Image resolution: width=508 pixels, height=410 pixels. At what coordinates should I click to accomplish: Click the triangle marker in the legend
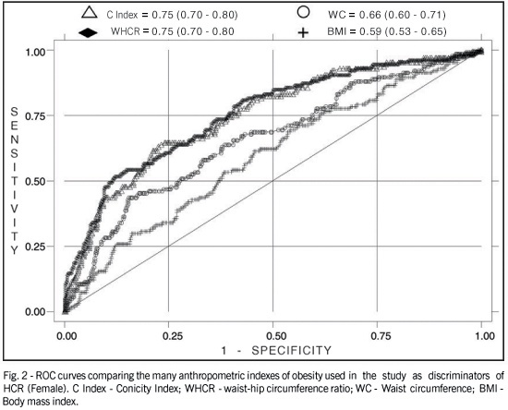click(x=90, y=12)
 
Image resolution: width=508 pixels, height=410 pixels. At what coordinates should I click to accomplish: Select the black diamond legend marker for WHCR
click(x=88, y=32)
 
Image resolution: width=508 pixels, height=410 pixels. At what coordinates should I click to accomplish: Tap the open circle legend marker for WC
click(x=303, y=12)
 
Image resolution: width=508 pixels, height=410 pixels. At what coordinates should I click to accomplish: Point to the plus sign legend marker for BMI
click(x=303, y=32)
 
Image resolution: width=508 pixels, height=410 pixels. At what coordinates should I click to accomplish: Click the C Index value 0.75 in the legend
click(x=163, y=15)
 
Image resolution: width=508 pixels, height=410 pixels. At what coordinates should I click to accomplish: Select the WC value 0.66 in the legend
click(x=370, y=15)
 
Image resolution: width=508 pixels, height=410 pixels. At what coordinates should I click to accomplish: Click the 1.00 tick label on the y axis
click(x=36, y=51)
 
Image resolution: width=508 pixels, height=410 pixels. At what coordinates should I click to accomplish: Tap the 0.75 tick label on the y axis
click(x=36, y=116)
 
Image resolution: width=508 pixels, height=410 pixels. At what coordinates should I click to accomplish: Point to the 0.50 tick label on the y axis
click(x=36, y=181)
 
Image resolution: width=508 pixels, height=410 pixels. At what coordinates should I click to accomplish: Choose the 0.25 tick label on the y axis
click(x=36, y=247)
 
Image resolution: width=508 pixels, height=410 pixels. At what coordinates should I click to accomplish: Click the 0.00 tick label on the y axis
click(x=36, y=312)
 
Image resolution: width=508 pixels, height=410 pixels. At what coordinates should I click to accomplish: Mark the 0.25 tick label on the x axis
click(x=172, y=336)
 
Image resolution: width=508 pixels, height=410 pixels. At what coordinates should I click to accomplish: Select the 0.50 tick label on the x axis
click(x=276, y=336)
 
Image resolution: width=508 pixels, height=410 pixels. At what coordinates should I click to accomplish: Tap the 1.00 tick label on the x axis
click(x=484, y=336)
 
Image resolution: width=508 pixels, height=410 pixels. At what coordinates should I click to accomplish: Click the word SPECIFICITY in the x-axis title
click(x=292, y=350)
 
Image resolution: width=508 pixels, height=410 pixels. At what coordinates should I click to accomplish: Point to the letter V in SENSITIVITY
click(x=14, y=209)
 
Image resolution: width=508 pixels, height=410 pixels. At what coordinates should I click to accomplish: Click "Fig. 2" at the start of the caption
click(x=14, y=377)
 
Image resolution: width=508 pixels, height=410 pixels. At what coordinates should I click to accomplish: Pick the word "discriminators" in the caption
click(x=459, y=376)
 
